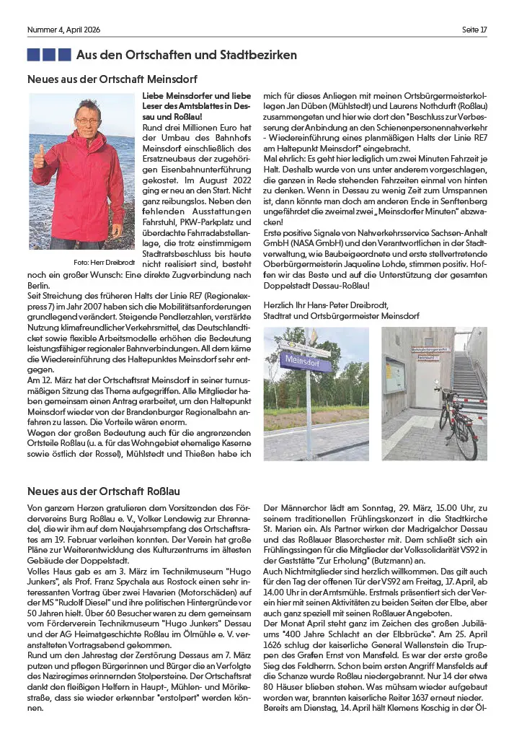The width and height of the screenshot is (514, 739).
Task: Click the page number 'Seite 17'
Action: (x=474, y=29)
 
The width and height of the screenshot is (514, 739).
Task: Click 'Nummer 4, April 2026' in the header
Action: (x=63, y=29)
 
